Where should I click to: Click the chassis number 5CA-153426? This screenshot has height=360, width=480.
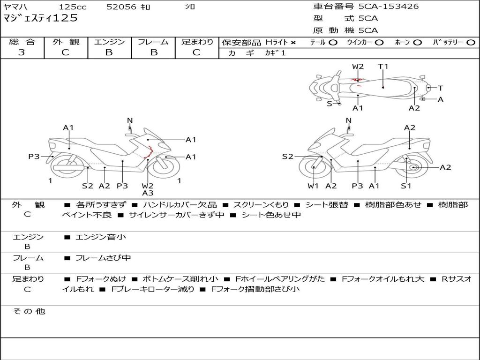pos(389,7)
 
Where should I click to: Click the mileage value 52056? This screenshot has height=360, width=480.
pos(121,7)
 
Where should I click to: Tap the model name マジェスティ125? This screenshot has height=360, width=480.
pos(40,19)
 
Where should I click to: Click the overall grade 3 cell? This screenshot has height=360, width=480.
pos(22,52)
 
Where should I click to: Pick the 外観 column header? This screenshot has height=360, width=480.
pos(66,42)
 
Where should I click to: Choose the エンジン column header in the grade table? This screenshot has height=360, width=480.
pos(109,42)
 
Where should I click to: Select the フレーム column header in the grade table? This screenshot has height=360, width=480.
pos(153,42)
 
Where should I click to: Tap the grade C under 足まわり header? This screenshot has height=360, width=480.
pos(196,52)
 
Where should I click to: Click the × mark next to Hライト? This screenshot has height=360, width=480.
pos(293,43)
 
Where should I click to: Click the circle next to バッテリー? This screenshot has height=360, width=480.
pos(471,43)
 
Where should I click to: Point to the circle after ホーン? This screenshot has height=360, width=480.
pos(418,43)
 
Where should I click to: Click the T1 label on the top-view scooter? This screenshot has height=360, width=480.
pos(383,67)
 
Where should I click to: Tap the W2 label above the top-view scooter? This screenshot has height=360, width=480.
pos(358,67)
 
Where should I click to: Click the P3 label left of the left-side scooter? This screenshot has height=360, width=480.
pos(34,157)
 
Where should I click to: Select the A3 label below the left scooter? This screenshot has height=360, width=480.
pos(148,193)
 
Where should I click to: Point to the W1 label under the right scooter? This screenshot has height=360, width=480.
pos(313,186)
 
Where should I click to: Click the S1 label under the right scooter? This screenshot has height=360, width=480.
pos(406,186)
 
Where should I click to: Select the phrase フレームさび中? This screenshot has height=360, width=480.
pos(103,258)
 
